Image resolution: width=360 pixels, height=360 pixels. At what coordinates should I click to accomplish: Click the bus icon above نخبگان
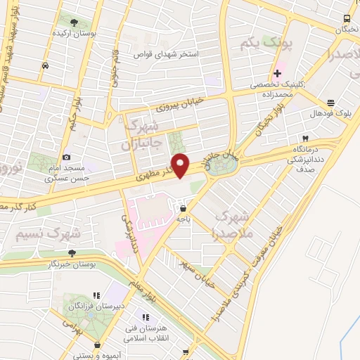(x=347, y=18)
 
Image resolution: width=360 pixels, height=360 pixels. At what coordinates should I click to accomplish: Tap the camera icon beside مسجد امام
(x=65, y=157)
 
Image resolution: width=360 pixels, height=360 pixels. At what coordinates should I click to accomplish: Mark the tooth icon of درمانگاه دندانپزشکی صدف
(x=305, y=139)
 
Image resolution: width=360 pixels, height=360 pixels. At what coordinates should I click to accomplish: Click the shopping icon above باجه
(x=184, y=208)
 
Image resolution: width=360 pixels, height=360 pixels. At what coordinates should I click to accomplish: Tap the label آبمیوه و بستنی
(x=97, y=354)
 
